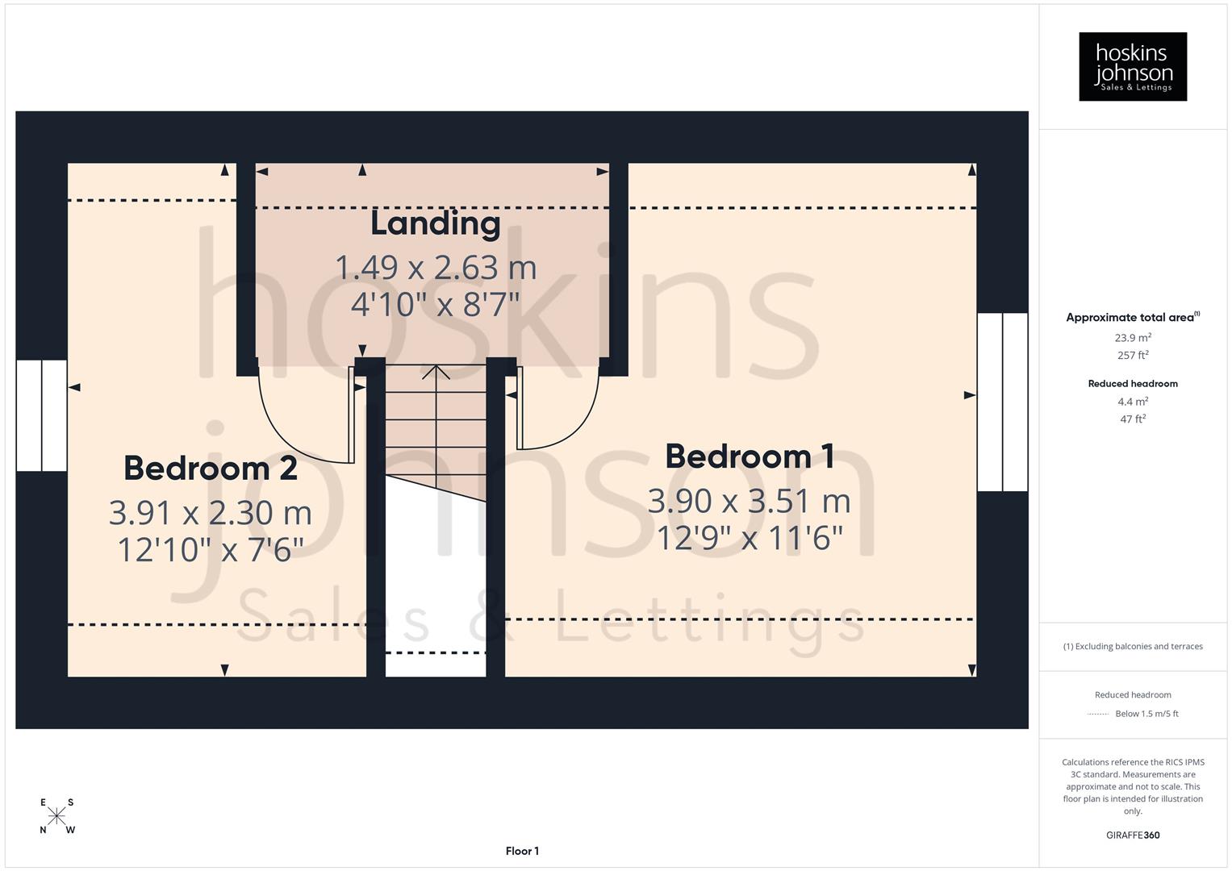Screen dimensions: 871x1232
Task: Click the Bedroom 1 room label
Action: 750,456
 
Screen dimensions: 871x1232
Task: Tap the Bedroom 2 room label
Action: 211,469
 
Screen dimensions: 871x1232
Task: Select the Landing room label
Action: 435,224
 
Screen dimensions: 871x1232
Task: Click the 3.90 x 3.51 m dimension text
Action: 750,502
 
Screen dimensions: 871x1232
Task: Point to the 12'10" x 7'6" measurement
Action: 211,550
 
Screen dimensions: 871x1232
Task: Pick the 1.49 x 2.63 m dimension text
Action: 435,268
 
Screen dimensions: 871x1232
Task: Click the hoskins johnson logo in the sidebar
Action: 1132,66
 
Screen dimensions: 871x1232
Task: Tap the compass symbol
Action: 56,816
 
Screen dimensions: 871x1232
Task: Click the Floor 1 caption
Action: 522,851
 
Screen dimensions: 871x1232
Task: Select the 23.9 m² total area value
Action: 1132,338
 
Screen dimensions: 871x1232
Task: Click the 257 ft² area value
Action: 1132,356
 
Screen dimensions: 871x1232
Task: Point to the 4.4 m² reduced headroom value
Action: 1132,402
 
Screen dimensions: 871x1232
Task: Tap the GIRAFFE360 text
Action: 1132,836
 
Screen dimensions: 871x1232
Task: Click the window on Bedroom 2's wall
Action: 41,415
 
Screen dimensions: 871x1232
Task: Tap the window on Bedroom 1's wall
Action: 1002,402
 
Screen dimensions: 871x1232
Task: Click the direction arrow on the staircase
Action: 436,373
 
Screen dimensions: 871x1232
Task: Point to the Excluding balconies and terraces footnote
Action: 1132,647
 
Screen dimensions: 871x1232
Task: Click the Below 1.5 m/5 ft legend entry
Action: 1146,714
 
